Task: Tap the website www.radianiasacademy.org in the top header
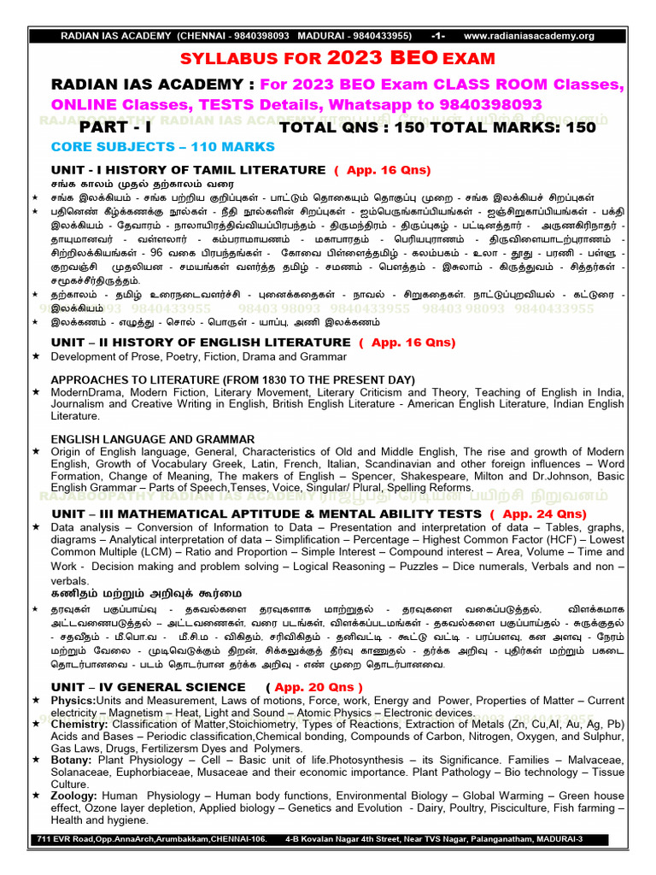[x=529, y=36]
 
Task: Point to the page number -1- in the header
[x=438, y=36]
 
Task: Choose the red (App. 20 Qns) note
[x=313, y=687]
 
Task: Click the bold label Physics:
[x=73, y=701]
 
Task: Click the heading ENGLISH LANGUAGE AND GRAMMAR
[x=153, y=438]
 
